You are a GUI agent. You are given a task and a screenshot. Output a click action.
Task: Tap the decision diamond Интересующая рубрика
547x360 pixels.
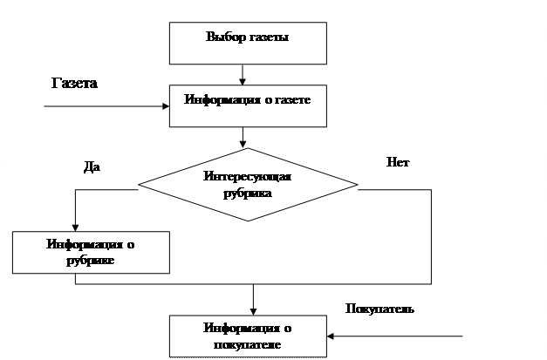248,185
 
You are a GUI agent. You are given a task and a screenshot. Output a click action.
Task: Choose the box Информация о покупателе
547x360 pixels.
248,336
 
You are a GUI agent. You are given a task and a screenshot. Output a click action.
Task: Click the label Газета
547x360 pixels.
74,84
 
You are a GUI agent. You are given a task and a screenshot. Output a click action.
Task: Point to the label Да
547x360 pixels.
90,166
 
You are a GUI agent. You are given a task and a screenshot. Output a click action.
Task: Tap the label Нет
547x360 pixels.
396,162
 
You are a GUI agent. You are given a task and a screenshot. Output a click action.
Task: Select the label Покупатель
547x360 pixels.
379,309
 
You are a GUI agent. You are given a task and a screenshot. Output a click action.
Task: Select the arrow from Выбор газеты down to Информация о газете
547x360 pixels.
248,72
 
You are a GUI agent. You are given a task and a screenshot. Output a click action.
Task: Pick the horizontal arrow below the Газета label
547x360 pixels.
105,108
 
